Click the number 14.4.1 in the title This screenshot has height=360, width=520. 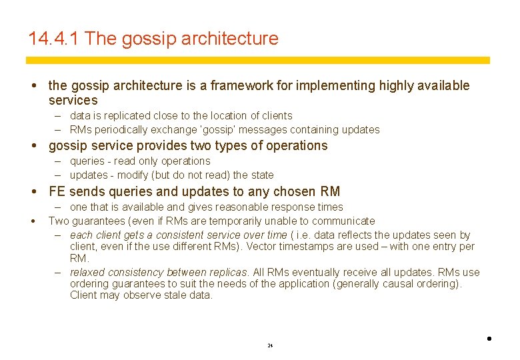click(54, 39)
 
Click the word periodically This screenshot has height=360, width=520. click(125, 129)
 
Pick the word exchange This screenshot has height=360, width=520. click(179, 129)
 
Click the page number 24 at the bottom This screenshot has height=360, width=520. click(270, 346)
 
